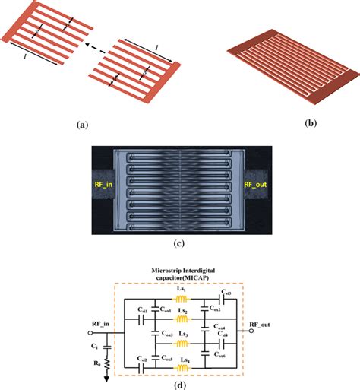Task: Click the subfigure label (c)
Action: [180, 244]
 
